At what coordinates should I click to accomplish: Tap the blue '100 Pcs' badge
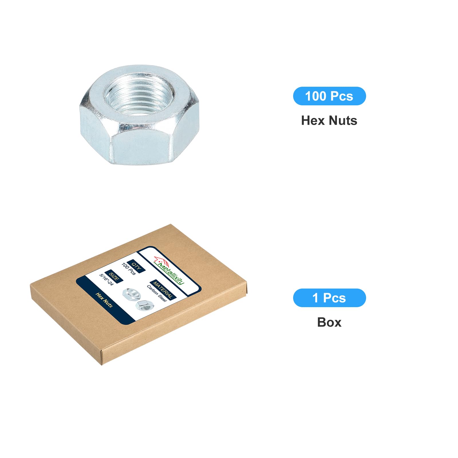[x=329, y=96]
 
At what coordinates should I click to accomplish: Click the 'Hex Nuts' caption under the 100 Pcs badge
[x=329, y=121]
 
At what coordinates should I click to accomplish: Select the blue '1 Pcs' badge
[x=329, y=298]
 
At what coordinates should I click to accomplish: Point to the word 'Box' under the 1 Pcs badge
[x=329, y=322]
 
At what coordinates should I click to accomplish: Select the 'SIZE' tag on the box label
[x=114, y=276]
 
